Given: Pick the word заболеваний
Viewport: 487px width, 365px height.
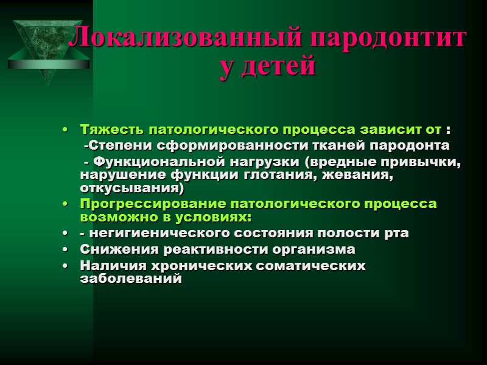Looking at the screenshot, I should pos(131,279).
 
